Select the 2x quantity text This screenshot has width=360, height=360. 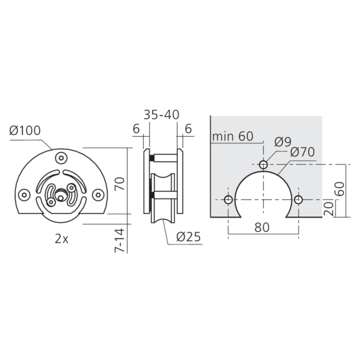click(60, 238)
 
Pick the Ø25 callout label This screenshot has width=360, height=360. click(188, 237)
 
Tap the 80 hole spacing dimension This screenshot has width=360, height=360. click(262, 227)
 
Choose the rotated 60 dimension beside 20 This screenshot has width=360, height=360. click(340, 187)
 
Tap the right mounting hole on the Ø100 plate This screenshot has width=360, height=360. click(97, 194)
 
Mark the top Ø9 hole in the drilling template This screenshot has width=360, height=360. click(263, 164)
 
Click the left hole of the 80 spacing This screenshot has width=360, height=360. click(228, 200)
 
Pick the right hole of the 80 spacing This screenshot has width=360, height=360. click(298, 200)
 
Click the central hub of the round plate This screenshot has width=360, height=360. click(61, 194)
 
